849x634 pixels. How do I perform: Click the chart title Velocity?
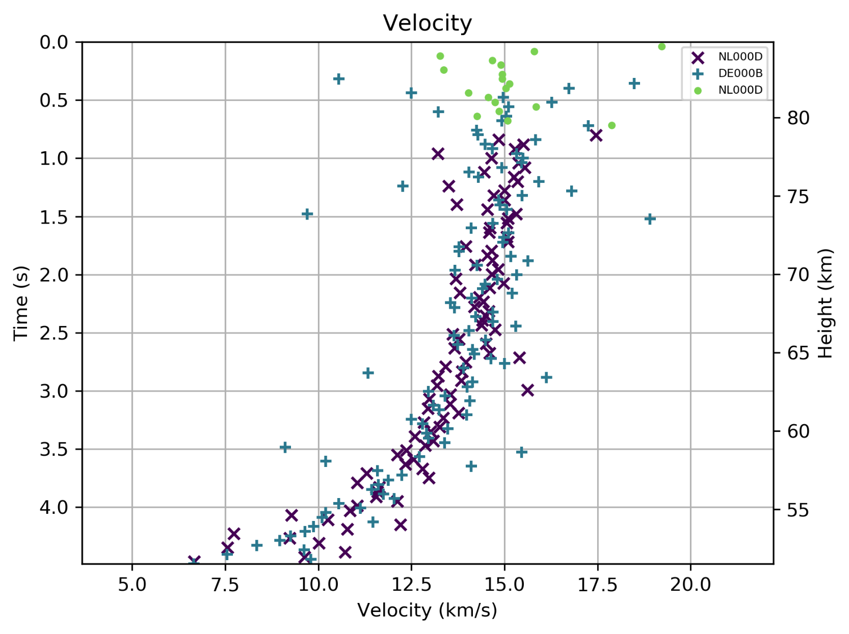pyautogui.click(x=427, y=23)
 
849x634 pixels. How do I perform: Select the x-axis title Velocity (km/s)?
pyautogui.click(x=427, y=610)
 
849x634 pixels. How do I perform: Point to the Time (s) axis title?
pyautogui.click(x=20, y=303)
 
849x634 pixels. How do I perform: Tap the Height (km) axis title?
pyautogui.click(x=826, y=303)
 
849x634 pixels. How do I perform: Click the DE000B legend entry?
pyautogui.click(x=740, y=73)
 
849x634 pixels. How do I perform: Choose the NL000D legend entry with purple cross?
pyautogui.click(x=740, y=57)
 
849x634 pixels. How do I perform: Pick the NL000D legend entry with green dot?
pyautogui.click(x=740, y=90)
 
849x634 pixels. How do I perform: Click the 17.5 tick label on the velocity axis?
pyautogui.click(x=598, y=585)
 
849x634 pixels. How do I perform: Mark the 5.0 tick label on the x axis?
pyautogui.click(x=132, y=585)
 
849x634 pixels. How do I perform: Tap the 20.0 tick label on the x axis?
pyautogui.click(x=691, y=585)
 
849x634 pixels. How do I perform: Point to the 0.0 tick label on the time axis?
pyautogui.click(x=54, y=42)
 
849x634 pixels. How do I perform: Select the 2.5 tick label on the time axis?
pyautogui.click(x=54, y=333)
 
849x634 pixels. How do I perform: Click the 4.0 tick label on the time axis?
pyautogui.click(x=54, y=508)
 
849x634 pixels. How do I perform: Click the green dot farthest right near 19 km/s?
pyautogui.click(x=661, y=47)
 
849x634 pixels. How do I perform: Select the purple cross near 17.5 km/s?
pyautogui.click(x=596, y=135)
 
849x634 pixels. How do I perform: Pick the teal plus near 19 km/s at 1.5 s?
pyautogui.click(x=650, y=219)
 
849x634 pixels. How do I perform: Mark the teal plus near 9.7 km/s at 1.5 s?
pyautogui.click(x=307, y=214)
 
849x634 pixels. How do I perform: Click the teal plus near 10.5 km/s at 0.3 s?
pyautogui.click(x=339, y=79)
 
